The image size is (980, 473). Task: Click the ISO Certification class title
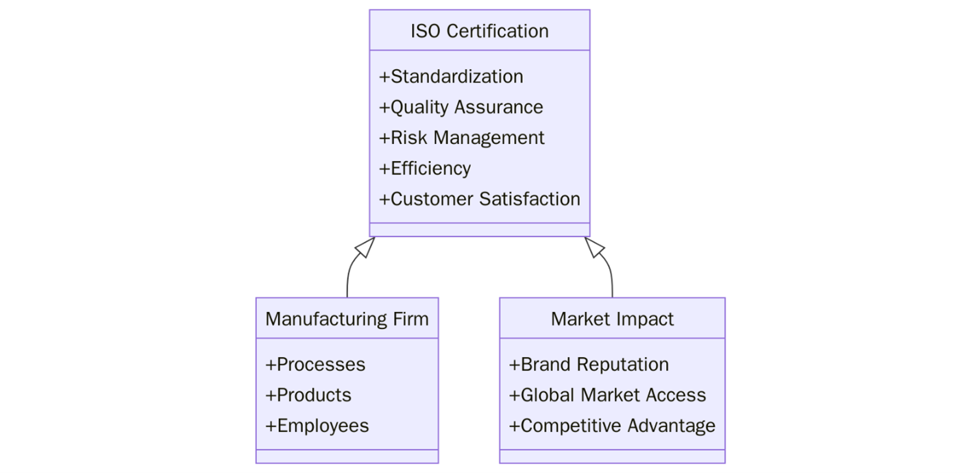479,31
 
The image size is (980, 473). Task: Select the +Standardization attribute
451,76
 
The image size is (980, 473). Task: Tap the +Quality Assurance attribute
461,107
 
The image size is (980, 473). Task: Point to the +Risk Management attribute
461,138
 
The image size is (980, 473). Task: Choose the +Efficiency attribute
425,169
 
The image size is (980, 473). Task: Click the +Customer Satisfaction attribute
479,199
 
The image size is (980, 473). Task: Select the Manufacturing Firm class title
347,319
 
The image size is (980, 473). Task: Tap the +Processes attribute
315,364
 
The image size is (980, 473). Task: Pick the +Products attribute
308,395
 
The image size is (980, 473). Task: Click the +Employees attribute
317,426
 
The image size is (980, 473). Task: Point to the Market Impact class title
612,319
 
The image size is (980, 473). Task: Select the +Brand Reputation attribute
589,364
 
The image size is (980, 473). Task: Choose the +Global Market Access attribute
607,395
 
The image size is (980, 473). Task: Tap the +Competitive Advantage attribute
612,426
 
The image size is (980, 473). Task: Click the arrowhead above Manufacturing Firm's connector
365,247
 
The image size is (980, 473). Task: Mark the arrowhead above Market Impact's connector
594,247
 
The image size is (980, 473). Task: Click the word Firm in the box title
411,319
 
